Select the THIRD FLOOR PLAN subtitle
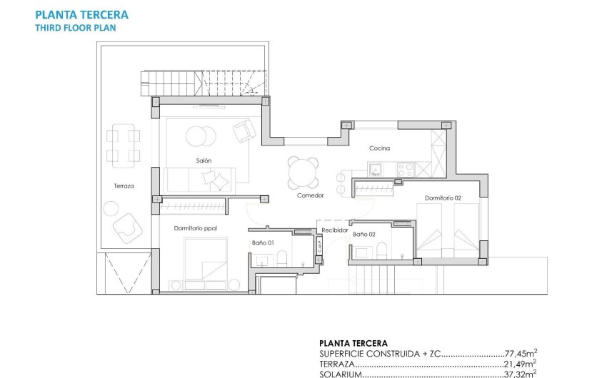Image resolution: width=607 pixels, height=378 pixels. (74, 28)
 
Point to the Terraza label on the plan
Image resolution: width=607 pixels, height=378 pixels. (124, 186)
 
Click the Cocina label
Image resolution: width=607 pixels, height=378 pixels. (379, 148)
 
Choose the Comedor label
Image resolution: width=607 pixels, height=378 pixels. (311, 195)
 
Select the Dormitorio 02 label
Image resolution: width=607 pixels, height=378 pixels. (442, 198)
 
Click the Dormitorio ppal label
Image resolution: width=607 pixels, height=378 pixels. (195, 228)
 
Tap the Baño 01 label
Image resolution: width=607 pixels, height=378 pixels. (261, 243)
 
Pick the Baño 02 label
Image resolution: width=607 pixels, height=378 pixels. (363, 234)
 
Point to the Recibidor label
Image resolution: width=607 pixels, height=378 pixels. (334, 230)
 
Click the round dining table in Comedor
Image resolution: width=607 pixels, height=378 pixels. (303, 171)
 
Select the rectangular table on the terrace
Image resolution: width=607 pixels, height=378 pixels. (124, 145)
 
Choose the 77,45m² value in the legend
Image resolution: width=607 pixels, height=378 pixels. (519, 353)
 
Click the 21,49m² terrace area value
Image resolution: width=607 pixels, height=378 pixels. (519, 363)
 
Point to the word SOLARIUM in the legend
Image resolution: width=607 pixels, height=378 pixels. (342, 373)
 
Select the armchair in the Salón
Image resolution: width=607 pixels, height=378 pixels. (244, 130)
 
